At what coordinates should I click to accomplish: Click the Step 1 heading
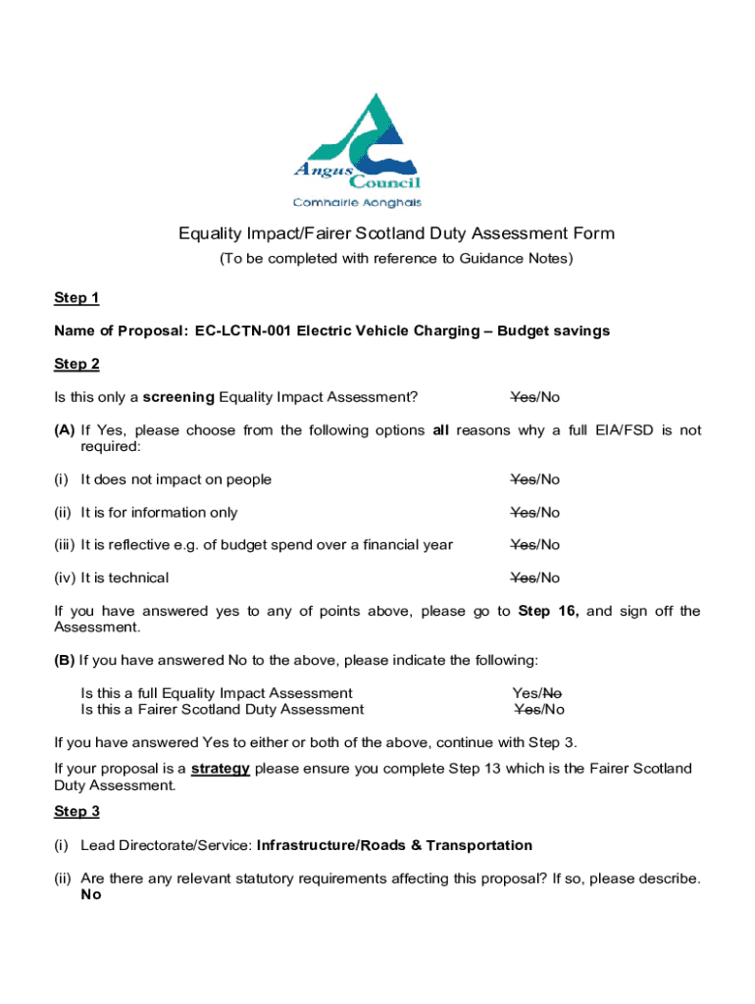[x=76, y=298]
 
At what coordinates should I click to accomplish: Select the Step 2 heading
[x=76, y=364]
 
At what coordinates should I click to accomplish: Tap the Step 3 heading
[x=76, y=811]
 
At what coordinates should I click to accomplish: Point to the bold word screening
[x=178, y=397]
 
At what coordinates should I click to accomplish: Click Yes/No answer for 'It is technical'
[x=535, y=577]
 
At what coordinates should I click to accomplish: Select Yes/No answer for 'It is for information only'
[x=535, y=512]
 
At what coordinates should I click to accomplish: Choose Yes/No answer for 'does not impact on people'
[x=535, y=479]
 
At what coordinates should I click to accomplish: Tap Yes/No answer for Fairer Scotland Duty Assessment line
[x=539, y=709]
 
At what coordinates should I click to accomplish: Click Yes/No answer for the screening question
[x=535, y=397]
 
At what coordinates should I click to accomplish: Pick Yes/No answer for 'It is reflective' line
[x=535, y=544]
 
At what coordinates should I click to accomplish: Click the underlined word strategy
[x=221, y=768]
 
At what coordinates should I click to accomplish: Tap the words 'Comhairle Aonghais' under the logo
[x=358, y=203]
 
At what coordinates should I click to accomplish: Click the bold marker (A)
[x=65, y=430]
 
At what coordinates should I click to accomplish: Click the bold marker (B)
[x=65, y=659]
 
